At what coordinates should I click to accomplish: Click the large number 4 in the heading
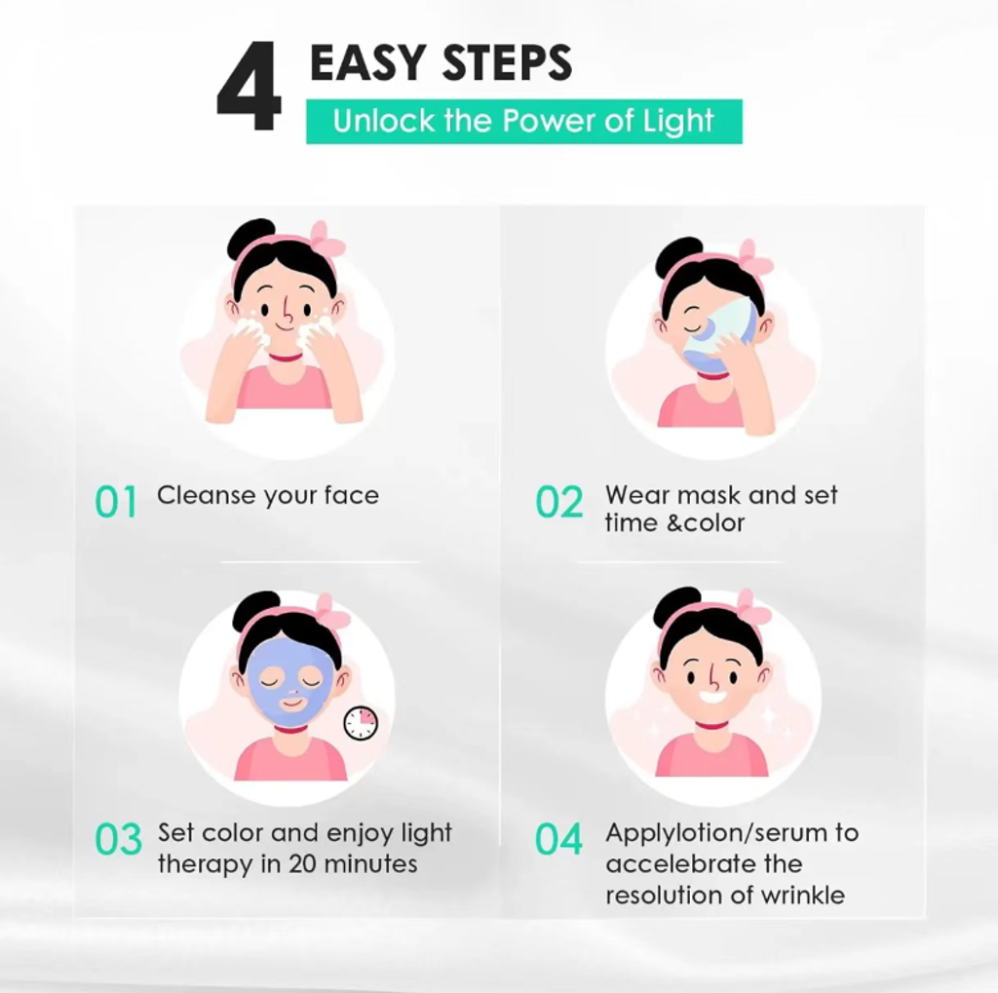(249, 87)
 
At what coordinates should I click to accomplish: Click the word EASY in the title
(367, 62)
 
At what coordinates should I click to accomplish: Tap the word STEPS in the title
(507, 62)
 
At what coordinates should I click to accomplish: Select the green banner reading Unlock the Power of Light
(523, 122)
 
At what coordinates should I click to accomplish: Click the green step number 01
(116, 502)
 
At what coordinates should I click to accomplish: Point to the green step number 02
(558, 502)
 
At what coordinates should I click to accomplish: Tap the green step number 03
(118, 839)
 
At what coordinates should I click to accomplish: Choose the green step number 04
(558, 839)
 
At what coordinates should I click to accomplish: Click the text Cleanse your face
(268, 496)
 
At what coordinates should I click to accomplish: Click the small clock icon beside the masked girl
(361, 724)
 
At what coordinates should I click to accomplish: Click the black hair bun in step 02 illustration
(679, 256)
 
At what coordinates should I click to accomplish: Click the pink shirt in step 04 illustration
(711, 755)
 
